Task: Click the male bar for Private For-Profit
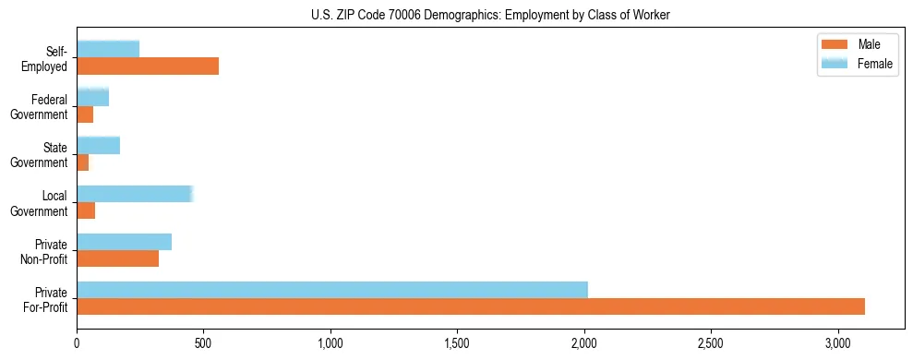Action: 471,306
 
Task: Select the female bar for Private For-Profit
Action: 332,290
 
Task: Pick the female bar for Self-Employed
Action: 108,49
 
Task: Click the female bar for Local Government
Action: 135,194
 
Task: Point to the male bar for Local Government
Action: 86,210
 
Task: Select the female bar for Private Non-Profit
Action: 124,242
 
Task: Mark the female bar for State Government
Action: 99,145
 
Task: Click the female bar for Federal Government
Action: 93,97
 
